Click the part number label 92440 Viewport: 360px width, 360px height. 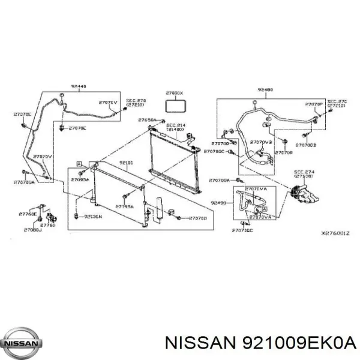[79, 86]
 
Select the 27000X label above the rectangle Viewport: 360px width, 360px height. [176, 94]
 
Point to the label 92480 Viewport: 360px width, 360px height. [265, 90]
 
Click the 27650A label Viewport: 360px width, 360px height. [147, 121]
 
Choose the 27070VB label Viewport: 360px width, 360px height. [261, 142]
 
